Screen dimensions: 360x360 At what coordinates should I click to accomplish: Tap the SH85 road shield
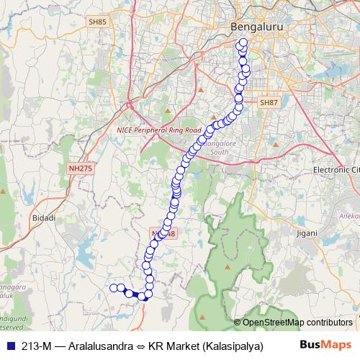click(98, 22)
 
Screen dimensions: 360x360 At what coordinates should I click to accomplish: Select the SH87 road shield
click(269, 103)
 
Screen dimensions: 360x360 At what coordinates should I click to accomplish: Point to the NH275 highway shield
click(81, 168)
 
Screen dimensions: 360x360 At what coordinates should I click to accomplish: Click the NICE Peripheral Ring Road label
click(158, 130)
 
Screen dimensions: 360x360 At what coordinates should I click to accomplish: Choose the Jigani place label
click(307, 233)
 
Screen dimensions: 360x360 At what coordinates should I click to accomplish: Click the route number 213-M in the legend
click(37, 344)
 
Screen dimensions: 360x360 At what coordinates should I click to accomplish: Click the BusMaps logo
click(323, 344)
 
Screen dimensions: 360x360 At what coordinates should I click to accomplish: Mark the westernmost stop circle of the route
click(113, 288)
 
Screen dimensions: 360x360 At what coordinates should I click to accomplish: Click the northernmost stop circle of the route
click(243, 42)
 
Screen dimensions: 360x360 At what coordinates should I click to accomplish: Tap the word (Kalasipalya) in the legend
click(232, 344)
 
